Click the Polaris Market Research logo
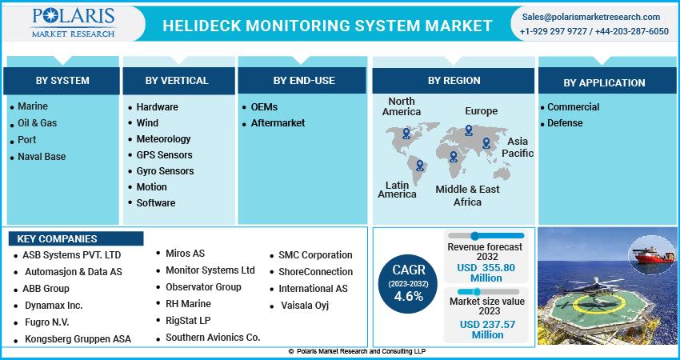pos(73,22)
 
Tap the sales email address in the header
pos(590,17)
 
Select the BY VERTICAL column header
pos(177,81)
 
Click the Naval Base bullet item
pos(42,157)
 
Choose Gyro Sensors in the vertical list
pos(165,171)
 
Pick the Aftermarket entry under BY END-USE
pos(278,123)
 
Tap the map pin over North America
pos(406,133)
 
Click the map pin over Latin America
pos(419,166)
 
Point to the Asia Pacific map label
pos(518,147)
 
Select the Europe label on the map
pos(481,111)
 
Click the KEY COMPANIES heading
pos(57,239)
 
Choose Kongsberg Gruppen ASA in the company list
pos(78,339)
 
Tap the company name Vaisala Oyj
pos(305,306)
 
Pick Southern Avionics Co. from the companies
pos(213,337)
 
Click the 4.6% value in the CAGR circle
pos(409,296)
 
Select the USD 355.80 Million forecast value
pos(486,273)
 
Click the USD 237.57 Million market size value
pos(487,330)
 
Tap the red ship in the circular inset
pos(653,255)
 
